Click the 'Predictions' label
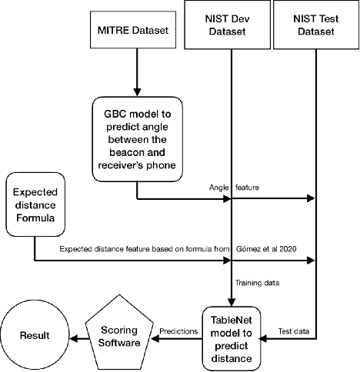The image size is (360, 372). click(x=178, y=330)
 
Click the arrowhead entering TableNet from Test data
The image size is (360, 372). click(x=266, y=336)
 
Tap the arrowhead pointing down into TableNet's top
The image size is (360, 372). click(x=232, y=301)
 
